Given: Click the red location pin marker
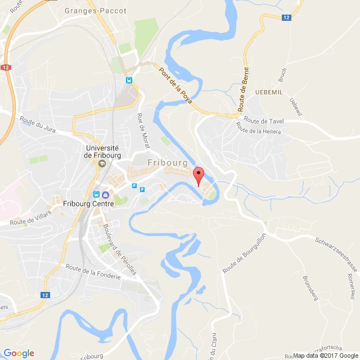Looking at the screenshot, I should (x=197, y=174).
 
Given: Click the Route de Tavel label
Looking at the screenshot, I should (x=264, y=121).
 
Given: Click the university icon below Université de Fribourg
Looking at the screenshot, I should (x=102, y=164).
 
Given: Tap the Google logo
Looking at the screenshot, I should (x=18, y=353).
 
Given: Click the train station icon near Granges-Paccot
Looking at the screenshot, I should (x=129, y=80).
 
